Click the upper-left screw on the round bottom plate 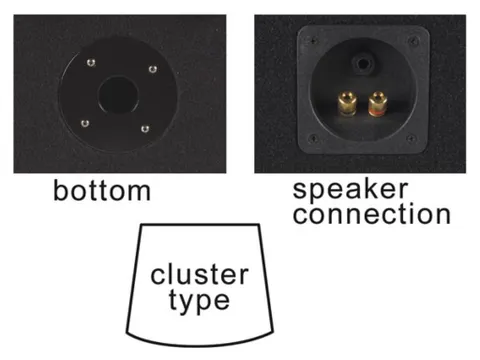[91, 64]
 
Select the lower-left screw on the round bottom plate [84, 123]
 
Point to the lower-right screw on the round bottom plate [147, 128]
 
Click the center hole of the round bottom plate [119, 96]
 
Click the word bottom [101, 190]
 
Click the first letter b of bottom [61, 190]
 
